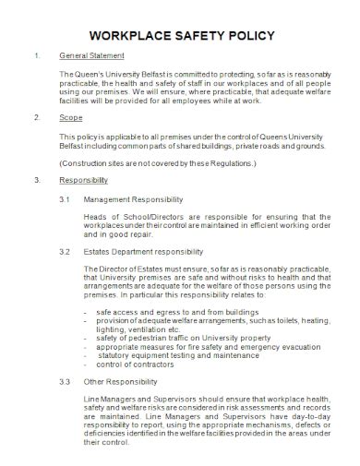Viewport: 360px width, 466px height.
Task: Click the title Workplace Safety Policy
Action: [180, 36]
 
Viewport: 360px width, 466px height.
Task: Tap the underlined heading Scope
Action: [69, 119]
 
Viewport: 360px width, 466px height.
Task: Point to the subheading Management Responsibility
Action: [133, 199]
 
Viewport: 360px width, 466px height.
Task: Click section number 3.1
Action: [65, 199]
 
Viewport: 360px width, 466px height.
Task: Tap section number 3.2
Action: [65, 250]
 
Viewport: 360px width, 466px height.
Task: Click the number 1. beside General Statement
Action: [36, 56]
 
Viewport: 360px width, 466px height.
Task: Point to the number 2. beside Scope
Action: [36, 119]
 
